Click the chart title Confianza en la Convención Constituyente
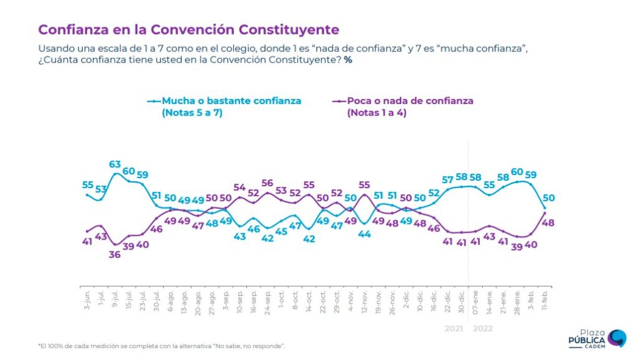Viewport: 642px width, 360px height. click(x=189, y=29)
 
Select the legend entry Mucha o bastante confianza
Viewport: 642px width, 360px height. click(x=231, y=100)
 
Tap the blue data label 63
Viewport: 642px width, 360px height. click(x=115, y=165)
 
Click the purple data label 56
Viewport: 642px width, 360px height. click(x=268, y=183)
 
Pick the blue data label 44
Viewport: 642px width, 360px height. click(x=365, y=234)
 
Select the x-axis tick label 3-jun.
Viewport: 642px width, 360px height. click(x=86, y=295)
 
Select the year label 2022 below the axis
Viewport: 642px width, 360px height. click(x=483, y=329)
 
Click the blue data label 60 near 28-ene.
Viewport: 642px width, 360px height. click(x=517, y=172)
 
